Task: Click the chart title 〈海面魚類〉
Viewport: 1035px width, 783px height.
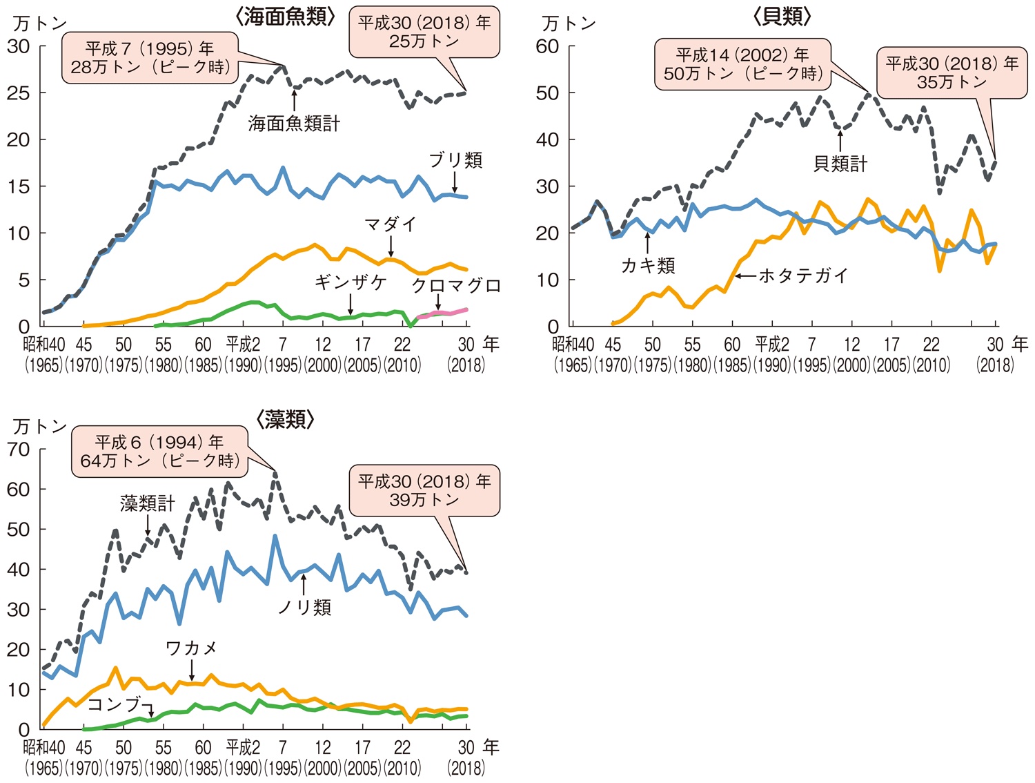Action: pyautogui.click(x=285, y=17)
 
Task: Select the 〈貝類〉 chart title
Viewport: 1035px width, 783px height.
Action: pyautogui.click(x=782, y=17)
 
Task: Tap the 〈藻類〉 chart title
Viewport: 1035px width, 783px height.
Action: pyautogui.click(x=285, y=419)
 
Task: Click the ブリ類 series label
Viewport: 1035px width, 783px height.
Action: pyautogui.click(x=455, y=160)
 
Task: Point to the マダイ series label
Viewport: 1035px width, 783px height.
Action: pyautogui.click(x=391, y=224)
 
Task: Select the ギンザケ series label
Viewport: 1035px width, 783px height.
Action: pyautogui.click(x=351, y=282)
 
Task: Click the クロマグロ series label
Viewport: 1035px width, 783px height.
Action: pyautogui.click(x=455, y=286)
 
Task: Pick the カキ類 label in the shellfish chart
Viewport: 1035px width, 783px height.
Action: pyautogui.click(x=648, y=265)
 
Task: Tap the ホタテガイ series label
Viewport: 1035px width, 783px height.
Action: pyautogui.click(x=803, y=275)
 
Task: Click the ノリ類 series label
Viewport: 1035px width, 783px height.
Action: pyautogui.click(x=304, y=607)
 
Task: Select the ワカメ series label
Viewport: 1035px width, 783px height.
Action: pyautogui.click(x=191, y=648)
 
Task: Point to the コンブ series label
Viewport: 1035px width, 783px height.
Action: pyautogui.click(x=115, y=704)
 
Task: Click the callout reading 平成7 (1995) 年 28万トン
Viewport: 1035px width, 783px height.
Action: pyautogui.click(x=150, y=58)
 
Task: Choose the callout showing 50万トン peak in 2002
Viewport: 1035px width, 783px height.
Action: pyautogui.click(x=742, y=64)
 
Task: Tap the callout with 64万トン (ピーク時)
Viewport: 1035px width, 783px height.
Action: pyautogui.click(x=159, y=452)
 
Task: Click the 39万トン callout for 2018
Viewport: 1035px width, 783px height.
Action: pyautogui.click(x=424, y=490)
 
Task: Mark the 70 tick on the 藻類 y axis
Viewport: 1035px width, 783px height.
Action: pyautogui.click(x=18, y=449)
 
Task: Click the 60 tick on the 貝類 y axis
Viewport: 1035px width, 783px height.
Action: pyautogui.click(x=547, y=46)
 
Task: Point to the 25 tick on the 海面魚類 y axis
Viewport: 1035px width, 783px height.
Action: pyautogui.click(x=18, y=93)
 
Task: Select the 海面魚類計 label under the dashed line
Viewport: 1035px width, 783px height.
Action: pyautogui.click(x=294, y=124)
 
